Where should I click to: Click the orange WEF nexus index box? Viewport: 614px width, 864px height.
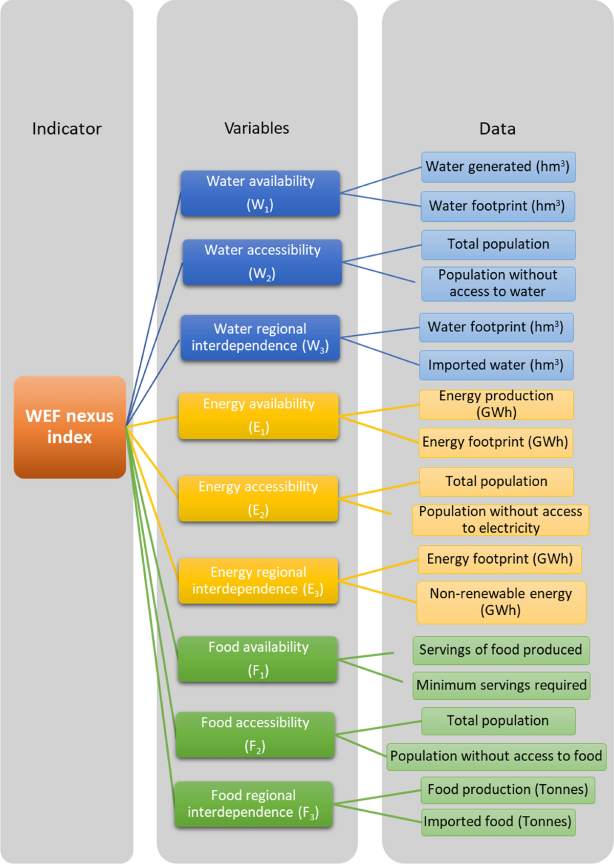(x=70, y=427)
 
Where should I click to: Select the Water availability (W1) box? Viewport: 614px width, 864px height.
(x=260, y=193)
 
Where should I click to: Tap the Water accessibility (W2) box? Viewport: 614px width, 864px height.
(x=262, y=262)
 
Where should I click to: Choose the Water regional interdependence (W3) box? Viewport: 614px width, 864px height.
(x=260, y=337)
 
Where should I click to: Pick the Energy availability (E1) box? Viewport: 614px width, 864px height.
(x=258, y=416)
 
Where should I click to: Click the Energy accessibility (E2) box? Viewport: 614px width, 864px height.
(x=258, y=499)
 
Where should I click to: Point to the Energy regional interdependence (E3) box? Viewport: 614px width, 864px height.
(x=258, y=580)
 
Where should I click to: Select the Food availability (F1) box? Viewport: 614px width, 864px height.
(x=258, y=659)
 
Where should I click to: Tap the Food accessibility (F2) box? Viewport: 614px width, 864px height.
(x=255, y=735)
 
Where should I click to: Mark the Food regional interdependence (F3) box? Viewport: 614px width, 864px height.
(x=253, y=804)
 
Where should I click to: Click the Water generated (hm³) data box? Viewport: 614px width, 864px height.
(x=498, y=167)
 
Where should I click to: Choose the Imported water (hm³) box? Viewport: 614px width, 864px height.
(x=496, y=365)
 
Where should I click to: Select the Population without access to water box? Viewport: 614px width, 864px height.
(x=498, y=284)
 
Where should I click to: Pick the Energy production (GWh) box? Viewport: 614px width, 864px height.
(x=496, y=404)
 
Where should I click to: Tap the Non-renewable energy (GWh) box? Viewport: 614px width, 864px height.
(x=501, y=602)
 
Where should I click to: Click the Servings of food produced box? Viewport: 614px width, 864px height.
(x=500, y=650)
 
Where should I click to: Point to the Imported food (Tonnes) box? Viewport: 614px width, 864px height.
(x=498, y=822)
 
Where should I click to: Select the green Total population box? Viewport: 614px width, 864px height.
(x=498, y=721)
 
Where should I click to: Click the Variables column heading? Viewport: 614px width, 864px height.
(x=257, y=128)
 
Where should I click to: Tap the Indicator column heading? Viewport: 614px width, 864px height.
(x=67, y=128)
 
